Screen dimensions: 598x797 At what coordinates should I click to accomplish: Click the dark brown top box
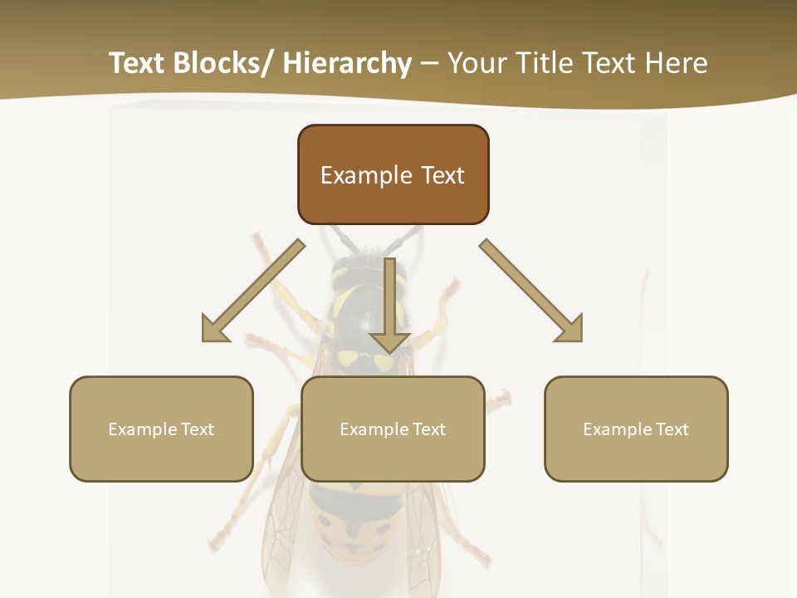(393, 174)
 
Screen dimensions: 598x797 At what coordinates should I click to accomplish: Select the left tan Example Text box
(161, 429)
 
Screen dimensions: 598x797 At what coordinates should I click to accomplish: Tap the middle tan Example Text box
(393, 429)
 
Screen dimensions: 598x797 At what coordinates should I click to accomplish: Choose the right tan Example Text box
(636, 429)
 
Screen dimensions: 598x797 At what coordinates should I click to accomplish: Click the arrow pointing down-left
(253, 290)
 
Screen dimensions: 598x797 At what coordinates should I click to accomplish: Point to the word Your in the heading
(477, 63)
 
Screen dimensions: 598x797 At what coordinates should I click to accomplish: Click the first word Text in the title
(139, 63)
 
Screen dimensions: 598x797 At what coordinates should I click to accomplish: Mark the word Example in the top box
(366, 175)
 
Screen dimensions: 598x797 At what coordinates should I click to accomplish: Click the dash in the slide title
(429, 63)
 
